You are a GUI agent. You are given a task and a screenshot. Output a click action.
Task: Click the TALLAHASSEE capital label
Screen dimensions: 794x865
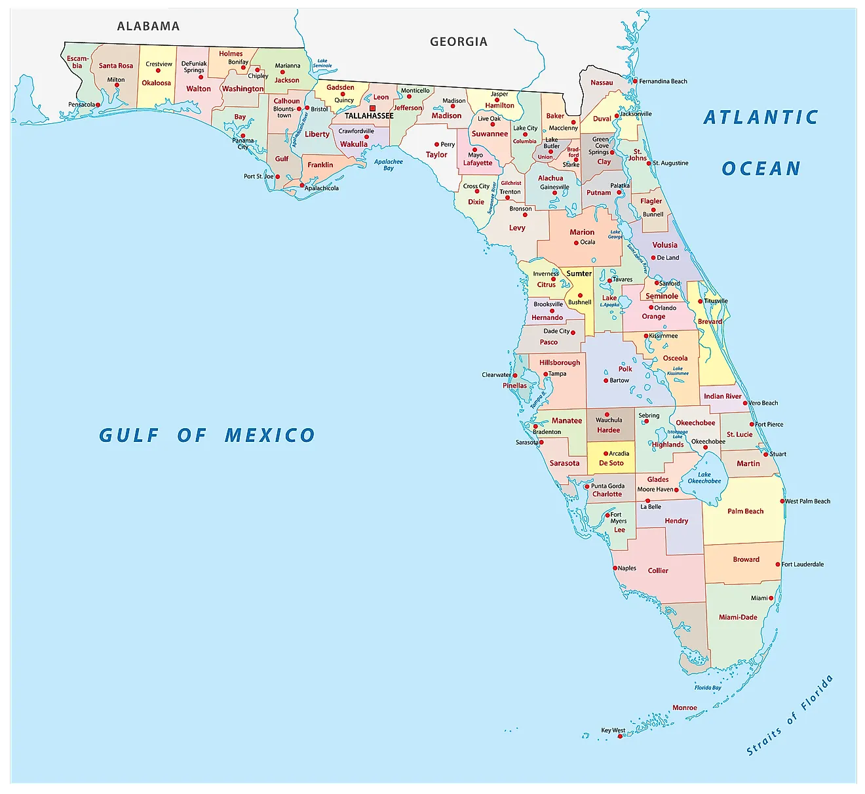[x=369, y=116]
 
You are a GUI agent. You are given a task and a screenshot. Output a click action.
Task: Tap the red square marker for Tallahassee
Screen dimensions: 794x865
[x=372, y=108]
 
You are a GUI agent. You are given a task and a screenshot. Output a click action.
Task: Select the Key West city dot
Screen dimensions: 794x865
[x=620, y=736]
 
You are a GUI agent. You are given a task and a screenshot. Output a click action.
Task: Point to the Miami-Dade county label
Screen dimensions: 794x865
[x=738, y=617]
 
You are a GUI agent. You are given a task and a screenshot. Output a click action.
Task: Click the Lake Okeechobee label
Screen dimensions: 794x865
[x=704, y=477]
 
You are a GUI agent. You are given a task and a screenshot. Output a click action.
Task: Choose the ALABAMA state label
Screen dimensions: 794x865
[x=148, y=26]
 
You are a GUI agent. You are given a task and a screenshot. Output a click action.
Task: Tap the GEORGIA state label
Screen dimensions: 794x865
[x=459, y=42]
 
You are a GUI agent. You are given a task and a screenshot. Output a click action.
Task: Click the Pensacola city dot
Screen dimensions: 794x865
[x=98, y=105]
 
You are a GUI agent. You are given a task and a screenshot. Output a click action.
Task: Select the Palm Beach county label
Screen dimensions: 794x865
[x=745, y=511]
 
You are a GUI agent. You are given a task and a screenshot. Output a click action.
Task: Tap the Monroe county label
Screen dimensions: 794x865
[x=685, y=707]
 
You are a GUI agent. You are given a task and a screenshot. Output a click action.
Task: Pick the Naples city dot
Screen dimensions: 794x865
[x=615, y=568]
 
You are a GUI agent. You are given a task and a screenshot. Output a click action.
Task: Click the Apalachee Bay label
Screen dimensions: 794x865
[x=389, y=165]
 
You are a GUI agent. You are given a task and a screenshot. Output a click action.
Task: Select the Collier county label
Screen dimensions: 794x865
[x=658, y=570]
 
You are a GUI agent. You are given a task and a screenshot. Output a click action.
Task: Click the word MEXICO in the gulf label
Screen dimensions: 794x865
[x=269, y=435]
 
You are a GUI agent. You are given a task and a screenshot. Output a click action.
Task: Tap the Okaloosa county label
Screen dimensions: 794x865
[x=156, y=83]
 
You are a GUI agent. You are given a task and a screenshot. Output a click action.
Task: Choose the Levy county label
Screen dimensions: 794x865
[x=517, y=228]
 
